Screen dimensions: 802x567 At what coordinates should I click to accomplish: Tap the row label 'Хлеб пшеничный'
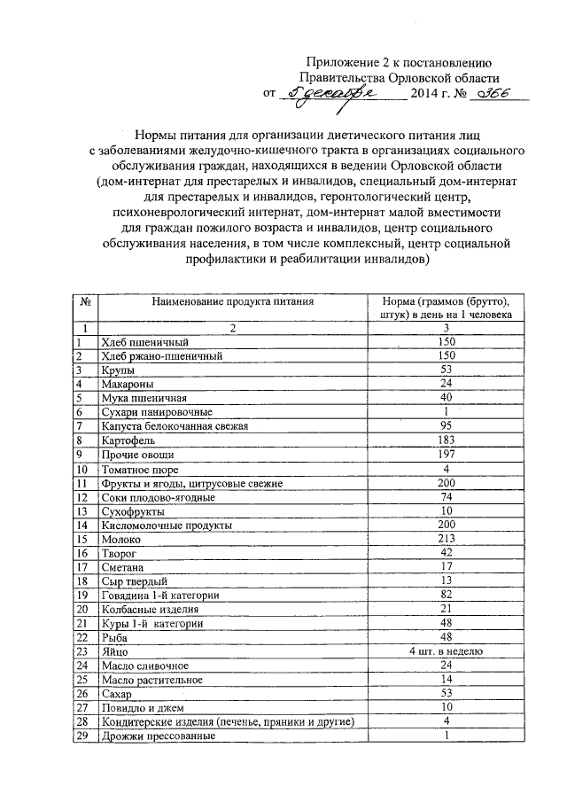click(x=132, y=341)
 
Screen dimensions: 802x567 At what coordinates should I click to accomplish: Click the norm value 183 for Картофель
click(x=448, y=440)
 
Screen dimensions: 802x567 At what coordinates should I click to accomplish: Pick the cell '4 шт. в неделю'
click(x=448, y=650)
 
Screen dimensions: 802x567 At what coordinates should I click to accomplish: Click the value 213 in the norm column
click(x=448, y=538)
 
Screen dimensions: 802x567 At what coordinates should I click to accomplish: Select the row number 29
click(x=82, y=736)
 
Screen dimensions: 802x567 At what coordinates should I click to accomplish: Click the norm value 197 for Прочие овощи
click(x=448, y=455)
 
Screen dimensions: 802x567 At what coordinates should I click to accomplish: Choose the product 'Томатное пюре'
click(x=140, y=469)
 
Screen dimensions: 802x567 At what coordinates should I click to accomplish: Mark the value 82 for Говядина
click(x=448, y=594)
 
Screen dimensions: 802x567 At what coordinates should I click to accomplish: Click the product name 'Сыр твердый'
click(x=134, y=580)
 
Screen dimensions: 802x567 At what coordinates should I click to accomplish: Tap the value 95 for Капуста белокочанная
click(x=448, y=425)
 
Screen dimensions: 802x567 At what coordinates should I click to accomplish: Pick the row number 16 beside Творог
click(x=82, y=553)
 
